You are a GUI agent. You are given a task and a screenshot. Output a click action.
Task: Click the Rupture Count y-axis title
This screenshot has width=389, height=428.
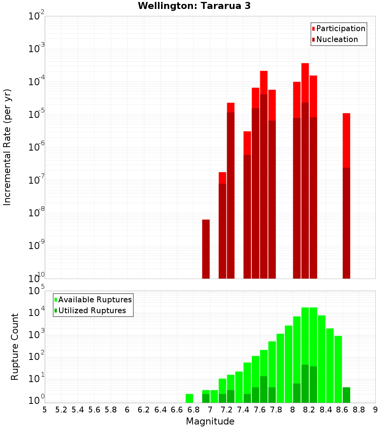pos(15,346)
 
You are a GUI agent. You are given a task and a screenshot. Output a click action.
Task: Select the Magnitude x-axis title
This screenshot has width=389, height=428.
pos(210,421)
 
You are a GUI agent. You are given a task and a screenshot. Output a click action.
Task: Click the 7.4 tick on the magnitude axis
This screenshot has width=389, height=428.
pos(243,409)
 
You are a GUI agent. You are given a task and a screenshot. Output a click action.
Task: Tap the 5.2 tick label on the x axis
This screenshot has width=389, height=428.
pos(61,409)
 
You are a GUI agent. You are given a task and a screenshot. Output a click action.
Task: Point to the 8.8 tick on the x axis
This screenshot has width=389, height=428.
pos(359,409)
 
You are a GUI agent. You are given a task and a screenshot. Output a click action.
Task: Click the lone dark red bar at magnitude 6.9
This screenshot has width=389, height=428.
pos(206,249)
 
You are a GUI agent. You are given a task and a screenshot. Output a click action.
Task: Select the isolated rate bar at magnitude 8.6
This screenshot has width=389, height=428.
pos(346,195)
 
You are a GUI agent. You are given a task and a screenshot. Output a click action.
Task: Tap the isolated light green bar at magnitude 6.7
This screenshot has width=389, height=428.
pos(189,398)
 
